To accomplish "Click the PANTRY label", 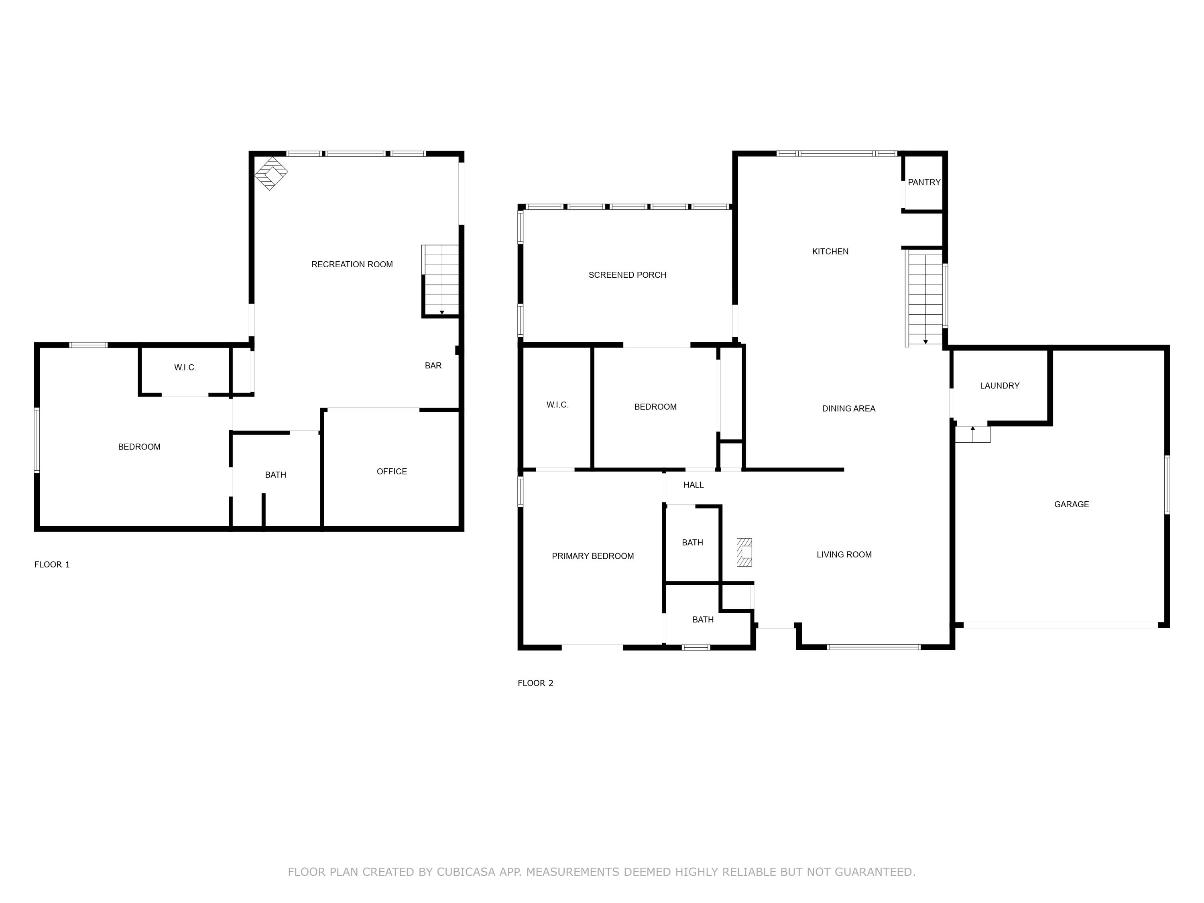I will pyautogui.click(x=924, y=182).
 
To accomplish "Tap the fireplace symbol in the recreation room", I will pyautogui.click(x=271, y=173).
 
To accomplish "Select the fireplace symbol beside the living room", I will pyautogui.click(x=744, y=553).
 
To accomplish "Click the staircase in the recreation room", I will pyautogui.click(x=441, y=280).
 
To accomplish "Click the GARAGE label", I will pyautogui.click(x=1071, y=504).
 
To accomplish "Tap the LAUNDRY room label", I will pyautogui.click(x=999, y=386).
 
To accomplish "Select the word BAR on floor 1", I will pyautogui.click(x=433, y=366).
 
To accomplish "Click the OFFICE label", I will pyautogui.click(x=391, y=472).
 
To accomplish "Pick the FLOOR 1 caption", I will pyautogui.click(x=52, y=565).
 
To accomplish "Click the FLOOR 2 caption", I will pyautogui.click(x=535, y=683).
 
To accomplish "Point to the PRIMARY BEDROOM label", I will pyautogui.click(x=592, y=556).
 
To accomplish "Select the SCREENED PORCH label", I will pyautogui.click(x=627, y=275).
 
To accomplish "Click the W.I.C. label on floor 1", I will pyautogui.click(x=185, y=368).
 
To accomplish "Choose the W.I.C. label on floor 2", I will pyautogui.click(x=557, y=405).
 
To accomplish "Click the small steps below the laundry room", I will pyautogui.click(x=973, y=434).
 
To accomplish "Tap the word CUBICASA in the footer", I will pyautogui.click(x=466, y=872).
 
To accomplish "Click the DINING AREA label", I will pyautogui.click(x=848, y=409).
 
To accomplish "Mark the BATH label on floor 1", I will pyautogui.click(x=275, y=475).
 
